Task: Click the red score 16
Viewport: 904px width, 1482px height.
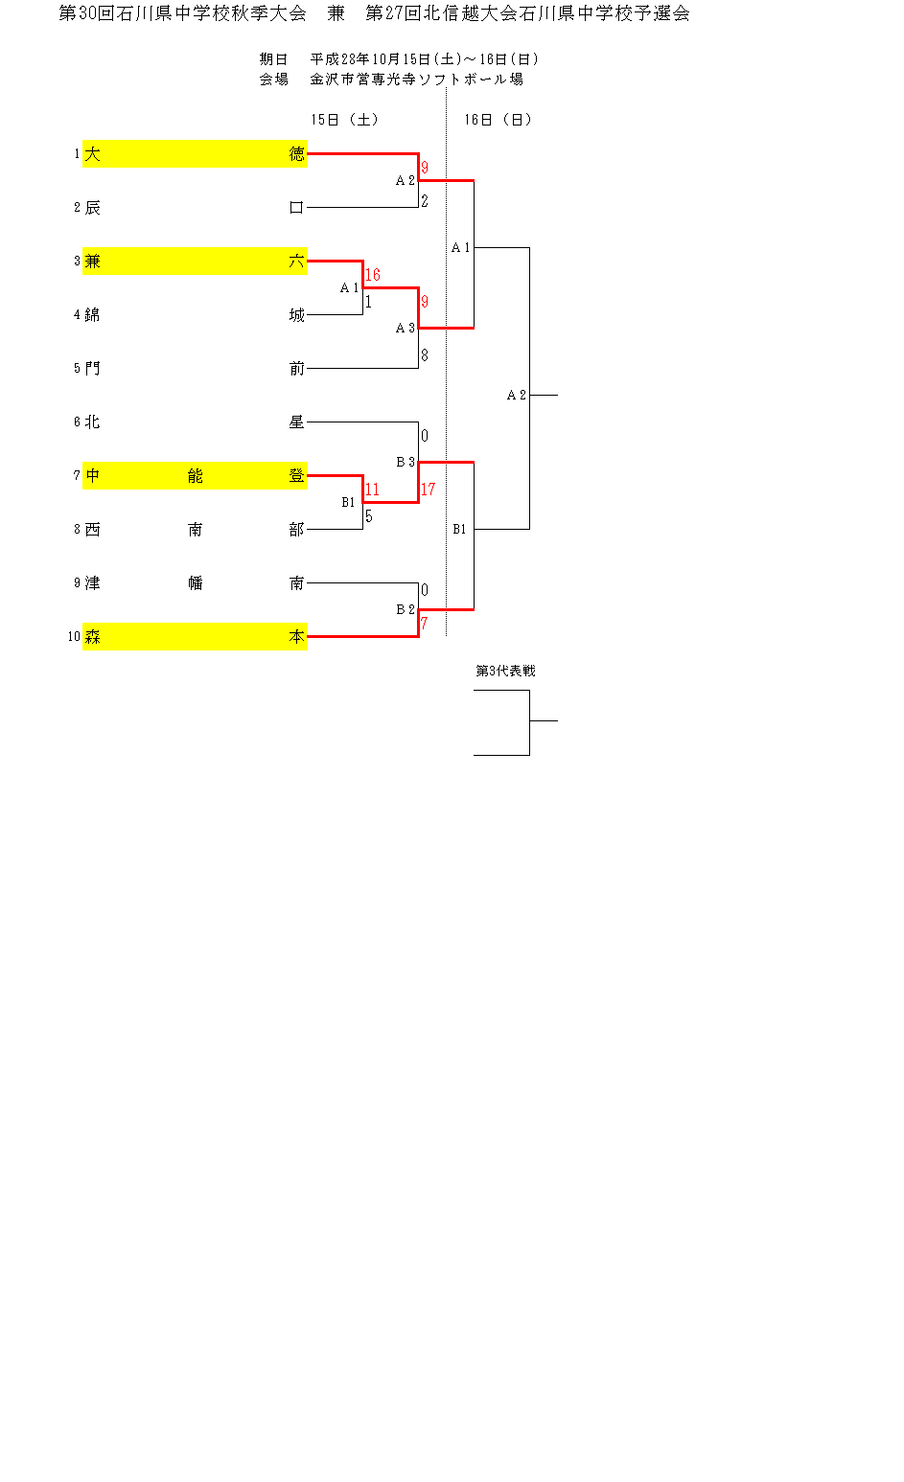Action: coord(372,275)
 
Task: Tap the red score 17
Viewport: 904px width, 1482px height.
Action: coord(428,490)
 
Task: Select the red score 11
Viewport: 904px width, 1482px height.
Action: coord(372,490)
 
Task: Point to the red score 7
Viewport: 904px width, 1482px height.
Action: coord(424,624)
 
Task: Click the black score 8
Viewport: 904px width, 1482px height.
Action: coord(424,355)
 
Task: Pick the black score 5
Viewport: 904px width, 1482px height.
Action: coord(368,516)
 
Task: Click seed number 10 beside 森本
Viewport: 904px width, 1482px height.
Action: coord(74,637)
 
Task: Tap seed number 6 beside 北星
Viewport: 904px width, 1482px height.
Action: coord(77,422)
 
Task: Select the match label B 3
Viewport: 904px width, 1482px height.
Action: coord(406,462)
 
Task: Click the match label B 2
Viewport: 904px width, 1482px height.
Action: coord(406,609)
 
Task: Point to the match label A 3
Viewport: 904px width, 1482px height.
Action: coord(406,328)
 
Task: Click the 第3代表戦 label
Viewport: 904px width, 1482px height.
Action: coord(505,671)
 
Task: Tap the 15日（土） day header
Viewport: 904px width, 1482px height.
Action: coord(345,120)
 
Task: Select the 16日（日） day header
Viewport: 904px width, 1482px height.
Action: coord(498,120)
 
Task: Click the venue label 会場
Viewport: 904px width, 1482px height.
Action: coord(273,80)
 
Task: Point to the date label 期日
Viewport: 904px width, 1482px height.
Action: coord(273,59)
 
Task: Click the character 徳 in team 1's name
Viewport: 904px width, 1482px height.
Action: coord(297,154)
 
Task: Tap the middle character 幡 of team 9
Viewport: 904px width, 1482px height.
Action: coord(196,583)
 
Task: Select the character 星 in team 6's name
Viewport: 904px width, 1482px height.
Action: coord(297,422)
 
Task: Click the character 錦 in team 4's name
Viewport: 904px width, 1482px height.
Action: coord(93,315)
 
